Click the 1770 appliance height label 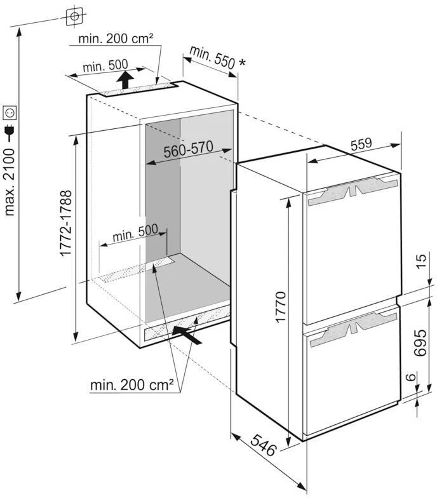click(x=282, y=307)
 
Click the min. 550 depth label click(x=210, y=57)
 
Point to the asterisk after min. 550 click(x=241, y=63)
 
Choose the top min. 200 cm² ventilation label click(x=116, y=39)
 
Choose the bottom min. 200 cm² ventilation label click(x=132, y=384)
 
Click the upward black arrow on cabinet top click(x=126, y=80)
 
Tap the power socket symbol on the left click(x=10, y=112)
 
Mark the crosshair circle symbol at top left click(x=74, y=15)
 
